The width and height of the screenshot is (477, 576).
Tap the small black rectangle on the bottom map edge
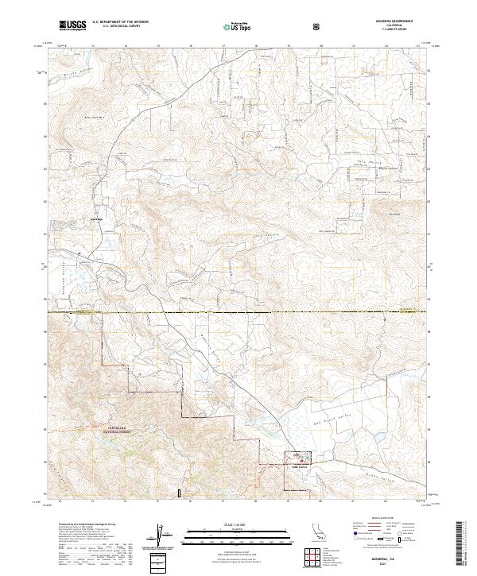180,493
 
